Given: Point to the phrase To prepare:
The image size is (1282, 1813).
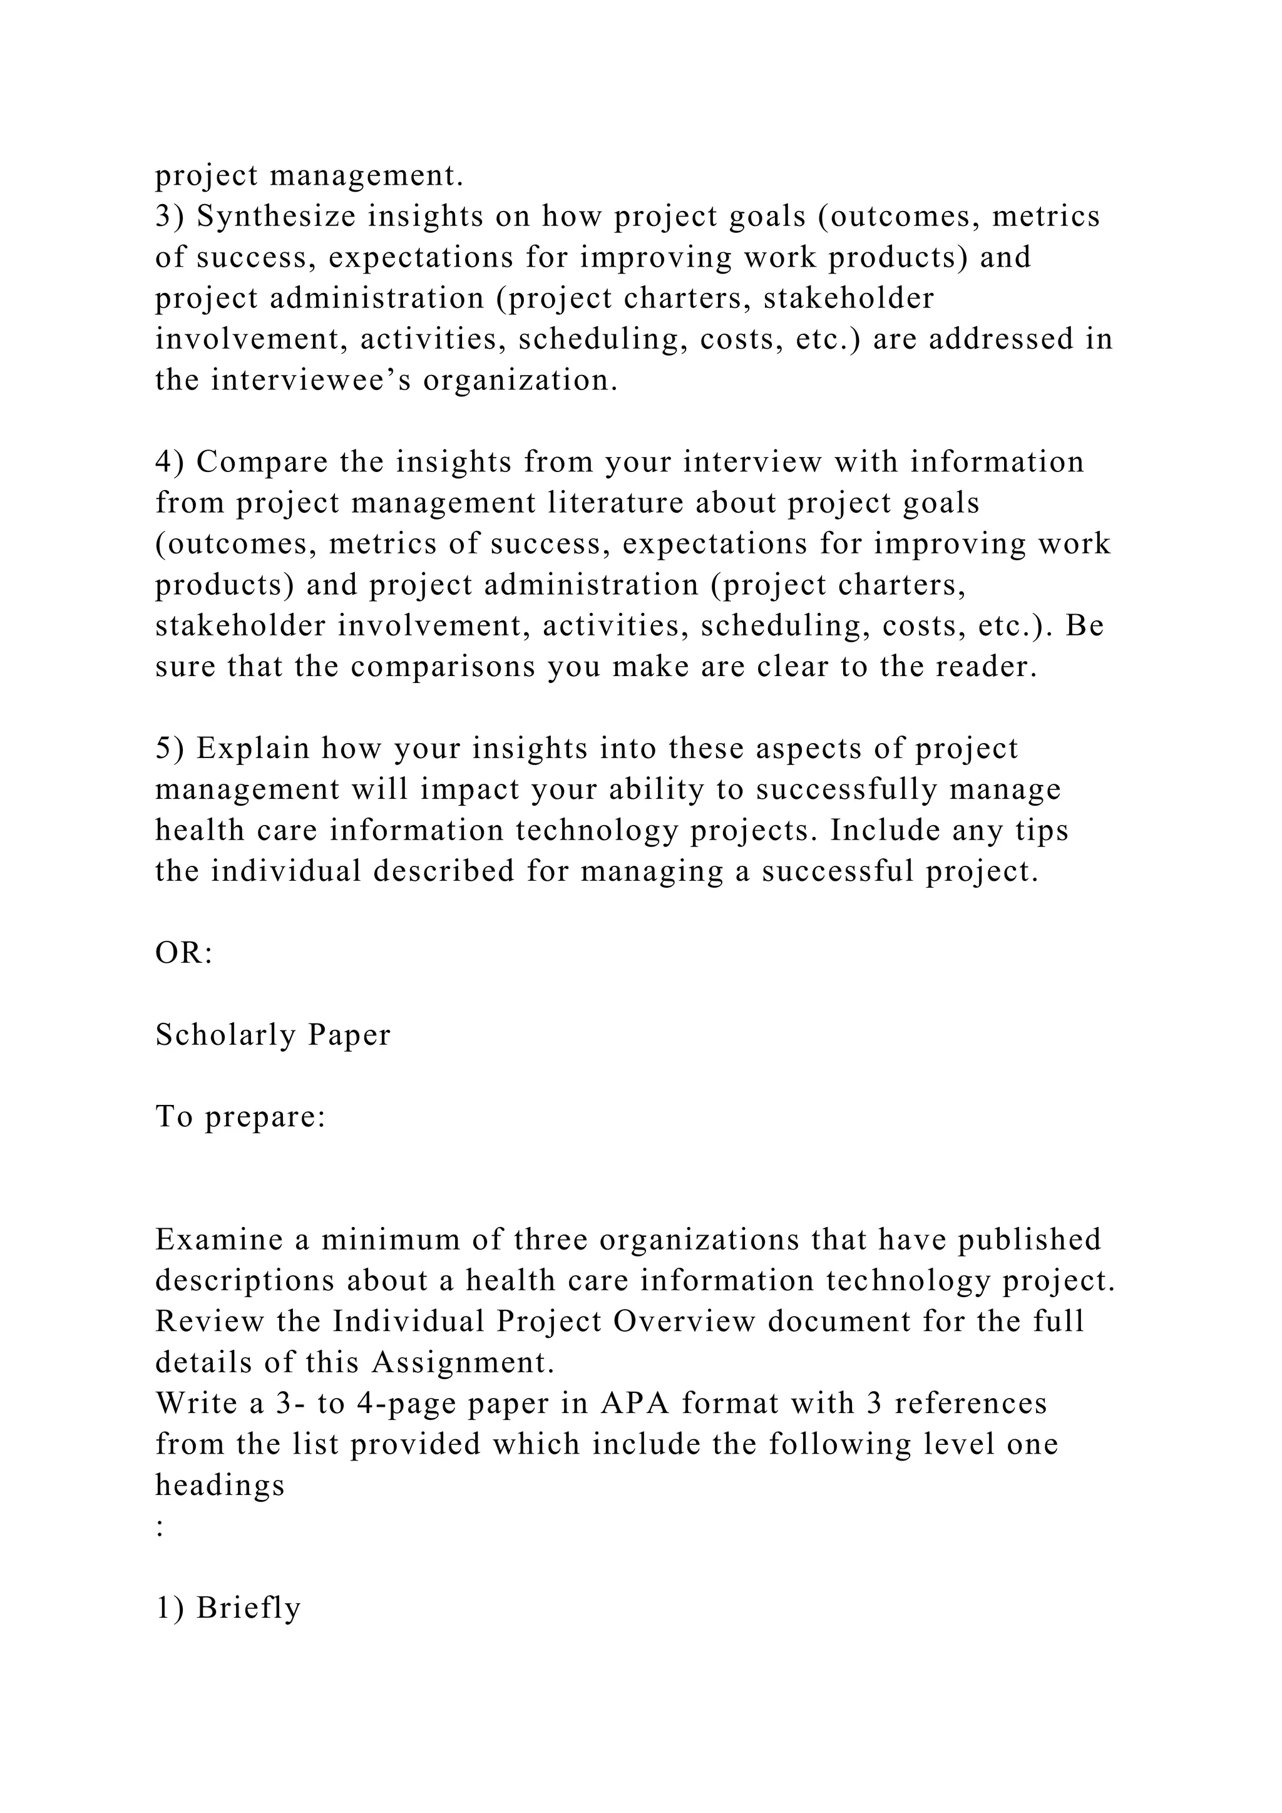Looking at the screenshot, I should [240, 1117].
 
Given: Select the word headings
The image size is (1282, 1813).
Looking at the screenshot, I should [220, 1486].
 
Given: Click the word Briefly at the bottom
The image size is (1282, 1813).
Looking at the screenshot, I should [249, 1608].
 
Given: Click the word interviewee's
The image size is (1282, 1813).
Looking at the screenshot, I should [311, 381].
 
